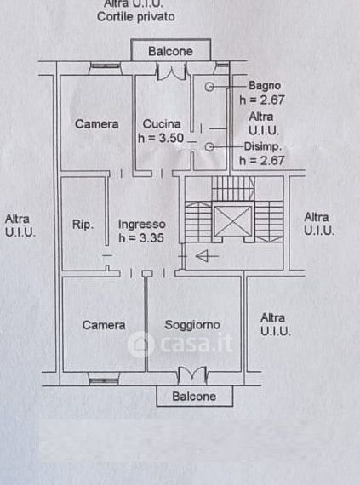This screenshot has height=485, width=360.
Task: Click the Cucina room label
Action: pos(162,124)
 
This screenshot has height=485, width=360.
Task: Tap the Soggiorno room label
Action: pos(192,325)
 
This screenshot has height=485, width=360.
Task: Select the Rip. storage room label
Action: pos(83,225)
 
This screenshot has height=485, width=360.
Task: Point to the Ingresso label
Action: pos(142,225)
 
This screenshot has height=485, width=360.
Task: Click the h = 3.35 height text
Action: pos(141,238)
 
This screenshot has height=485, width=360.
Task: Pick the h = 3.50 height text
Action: pos(161,138)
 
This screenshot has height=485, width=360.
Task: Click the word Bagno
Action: pos(265,86)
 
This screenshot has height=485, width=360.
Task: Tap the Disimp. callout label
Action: pos(263,146)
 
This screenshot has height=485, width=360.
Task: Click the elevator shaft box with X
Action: pos(232,220)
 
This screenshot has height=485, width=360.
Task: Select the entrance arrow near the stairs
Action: pos(207,256)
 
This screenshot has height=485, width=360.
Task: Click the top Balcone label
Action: pos(170,51)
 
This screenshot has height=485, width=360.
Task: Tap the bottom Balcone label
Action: pos(194,397)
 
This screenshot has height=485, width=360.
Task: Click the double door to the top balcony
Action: pos(171,71)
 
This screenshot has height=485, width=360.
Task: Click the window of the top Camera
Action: pos(106,68)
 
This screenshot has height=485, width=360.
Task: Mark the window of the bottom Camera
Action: pos(104,379)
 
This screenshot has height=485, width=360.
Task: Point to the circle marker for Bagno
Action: pos(209,87)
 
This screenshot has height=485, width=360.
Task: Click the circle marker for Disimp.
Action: pos(209,147)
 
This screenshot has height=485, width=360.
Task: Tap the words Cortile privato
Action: pos(136,17)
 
